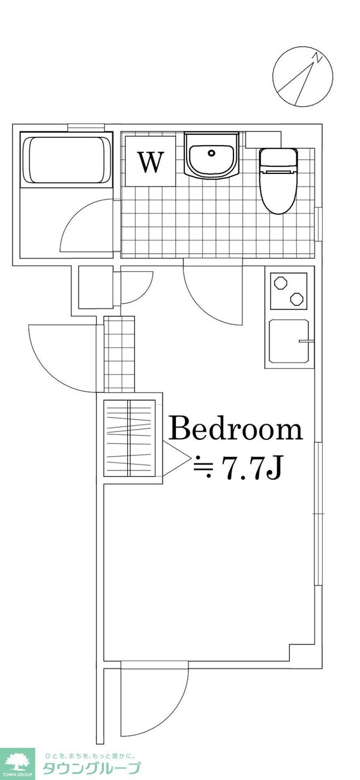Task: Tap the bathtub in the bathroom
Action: (x=67, y=160)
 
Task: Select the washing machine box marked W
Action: (x=151, y=161)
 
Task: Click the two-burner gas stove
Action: (x=289, y=291)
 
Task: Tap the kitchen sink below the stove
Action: (x=289, y=342)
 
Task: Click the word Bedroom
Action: (x=235, y=430)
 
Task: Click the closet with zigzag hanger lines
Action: (x=130, y=437)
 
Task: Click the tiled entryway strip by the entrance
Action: (x=121, y=354)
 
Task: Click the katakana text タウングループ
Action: (x=91, y=769)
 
